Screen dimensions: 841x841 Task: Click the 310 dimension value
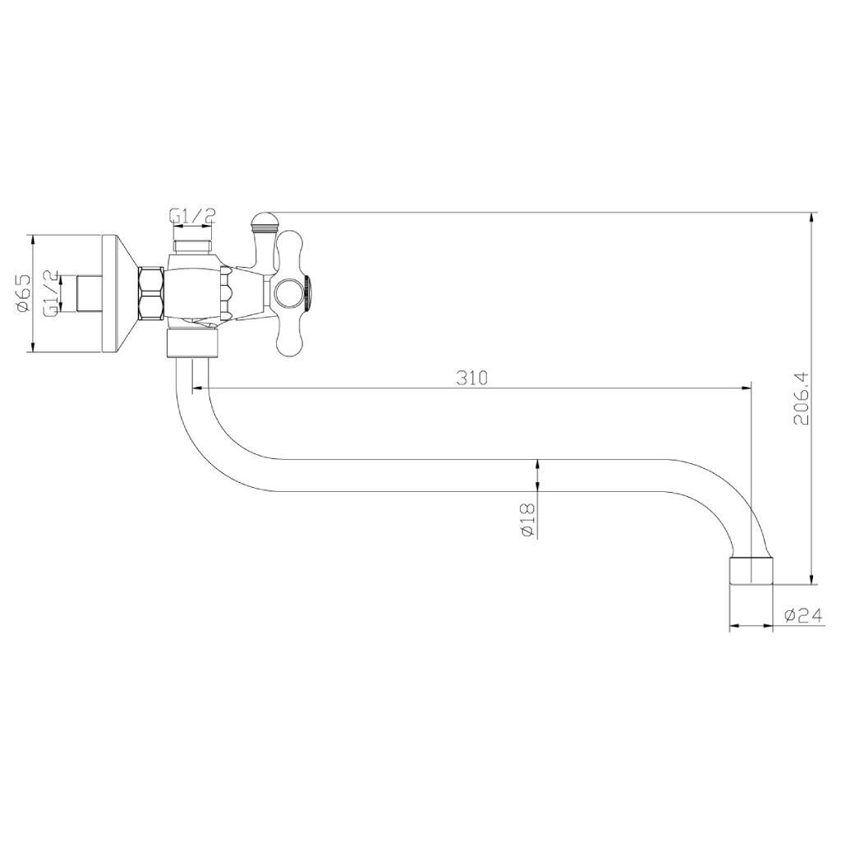(x=472, y=378)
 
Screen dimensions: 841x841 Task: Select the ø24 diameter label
(x=803, y=616)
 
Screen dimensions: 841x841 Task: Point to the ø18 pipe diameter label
(x=528, y=520)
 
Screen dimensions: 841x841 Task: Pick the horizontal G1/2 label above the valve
(x=192, y=216)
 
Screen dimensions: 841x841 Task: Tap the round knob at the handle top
(x=263, y=220)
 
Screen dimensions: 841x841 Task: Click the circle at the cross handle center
(x=289, y=293)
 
